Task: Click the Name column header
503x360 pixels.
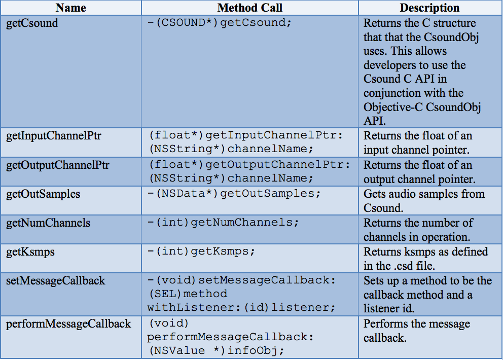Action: [x=70, y=8]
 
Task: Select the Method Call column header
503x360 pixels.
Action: [x=250, y=8]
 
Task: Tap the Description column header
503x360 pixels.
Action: [x=429, y=8]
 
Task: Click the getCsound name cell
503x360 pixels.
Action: [x=32, y=23]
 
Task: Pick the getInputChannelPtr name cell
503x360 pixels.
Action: [x=54, y=136]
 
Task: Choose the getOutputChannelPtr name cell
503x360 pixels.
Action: [x=58, y=165]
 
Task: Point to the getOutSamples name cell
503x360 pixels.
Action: [x=43, y=194]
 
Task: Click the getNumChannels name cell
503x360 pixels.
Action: [x=48, y=223]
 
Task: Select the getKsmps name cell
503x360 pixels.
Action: [x=30, y=252]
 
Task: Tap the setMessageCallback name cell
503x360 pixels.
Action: [x=55, y=281]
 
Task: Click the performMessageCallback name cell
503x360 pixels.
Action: [x=68, y=324]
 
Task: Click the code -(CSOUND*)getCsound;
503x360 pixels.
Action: [x=220, y=23]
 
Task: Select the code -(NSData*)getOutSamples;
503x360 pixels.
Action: [x=234, y=194]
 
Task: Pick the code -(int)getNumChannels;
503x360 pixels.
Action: [x=223, y=223]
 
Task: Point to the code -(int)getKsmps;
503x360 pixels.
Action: [x=201, y=251]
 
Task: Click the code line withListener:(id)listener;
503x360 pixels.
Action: [x=241, y=308]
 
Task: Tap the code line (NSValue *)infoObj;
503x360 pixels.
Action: [x=216, y=351]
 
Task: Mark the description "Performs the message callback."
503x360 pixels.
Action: [x=417, y=331]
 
